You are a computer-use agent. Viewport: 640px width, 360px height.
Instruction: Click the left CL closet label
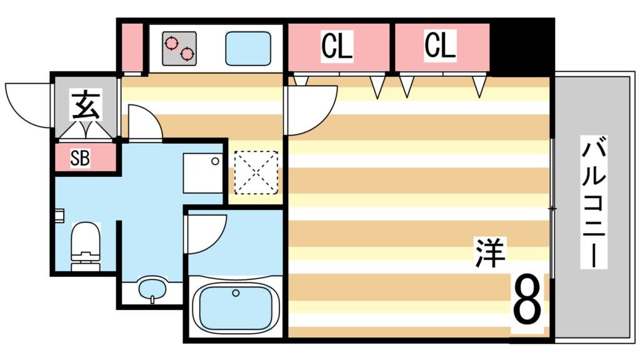(x=337, y=46)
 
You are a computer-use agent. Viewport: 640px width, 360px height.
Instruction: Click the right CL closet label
(x=440, y=46)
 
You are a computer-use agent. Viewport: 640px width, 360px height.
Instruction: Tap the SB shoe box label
(x=80, y=159)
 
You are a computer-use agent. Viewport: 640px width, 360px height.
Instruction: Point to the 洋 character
(x=489, y=252)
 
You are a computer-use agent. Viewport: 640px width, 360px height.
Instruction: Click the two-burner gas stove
(x=179, y=49)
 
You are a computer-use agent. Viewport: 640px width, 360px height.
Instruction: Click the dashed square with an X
(x=255, y=172)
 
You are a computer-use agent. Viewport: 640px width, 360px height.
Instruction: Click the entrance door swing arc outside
(x=28, y=104)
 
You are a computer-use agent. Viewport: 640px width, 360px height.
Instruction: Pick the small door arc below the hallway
(x=144, y=123)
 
